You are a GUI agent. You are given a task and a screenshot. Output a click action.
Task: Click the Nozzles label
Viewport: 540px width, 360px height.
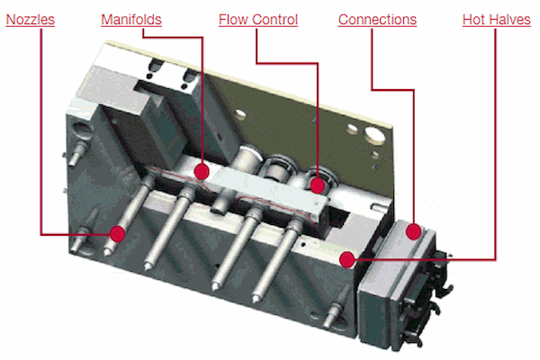coord(31,20)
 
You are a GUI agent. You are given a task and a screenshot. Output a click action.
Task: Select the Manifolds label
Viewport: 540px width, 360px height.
coord(131,20)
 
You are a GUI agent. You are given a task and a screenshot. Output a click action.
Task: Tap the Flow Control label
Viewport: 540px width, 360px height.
coord(258,20)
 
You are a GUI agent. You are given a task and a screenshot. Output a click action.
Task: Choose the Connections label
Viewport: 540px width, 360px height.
coord(377,20)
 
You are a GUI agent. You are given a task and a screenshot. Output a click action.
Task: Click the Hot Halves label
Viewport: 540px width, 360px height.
coord(496,20)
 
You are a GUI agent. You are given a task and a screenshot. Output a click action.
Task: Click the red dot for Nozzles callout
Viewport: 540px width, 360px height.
coord(117,234)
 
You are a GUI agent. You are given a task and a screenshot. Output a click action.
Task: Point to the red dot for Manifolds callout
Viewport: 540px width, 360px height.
coord(202,172)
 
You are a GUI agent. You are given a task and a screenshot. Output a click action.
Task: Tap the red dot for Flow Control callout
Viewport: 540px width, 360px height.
coord(317,185)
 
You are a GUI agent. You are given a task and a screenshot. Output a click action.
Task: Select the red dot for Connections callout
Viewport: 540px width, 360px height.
coord(413,231)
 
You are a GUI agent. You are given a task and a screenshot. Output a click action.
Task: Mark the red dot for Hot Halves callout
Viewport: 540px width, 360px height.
coord(347,259)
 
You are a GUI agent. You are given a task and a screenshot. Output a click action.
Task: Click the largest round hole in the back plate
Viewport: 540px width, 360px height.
coord(374,135)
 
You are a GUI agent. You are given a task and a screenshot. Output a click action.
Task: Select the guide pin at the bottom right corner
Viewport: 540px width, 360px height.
coord(334,310)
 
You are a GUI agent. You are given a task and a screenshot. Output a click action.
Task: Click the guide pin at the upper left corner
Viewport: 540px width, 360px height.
coord(77,152)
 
